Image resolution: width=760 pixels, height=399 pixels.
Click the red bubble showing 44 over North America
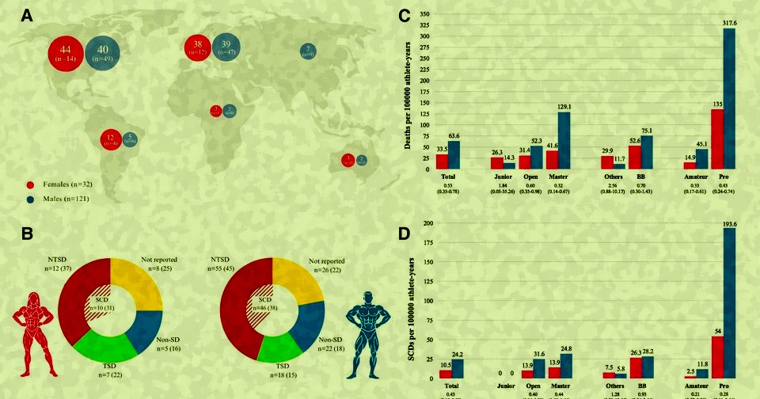pos(66,52)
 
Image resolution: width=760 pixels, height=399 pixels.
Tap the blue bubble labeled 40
pos(103,52)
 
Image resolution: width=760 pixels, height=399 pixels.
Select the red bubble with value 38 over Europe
pos(199,47)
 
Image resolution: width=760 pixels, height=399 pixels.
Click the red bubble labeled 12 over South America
pos(110,140)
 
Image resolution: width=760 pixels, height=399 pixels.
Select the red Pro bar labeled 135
pos(716,139)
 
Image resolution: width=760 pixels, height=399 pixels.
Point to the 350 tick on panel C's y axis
pos(425,13)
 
